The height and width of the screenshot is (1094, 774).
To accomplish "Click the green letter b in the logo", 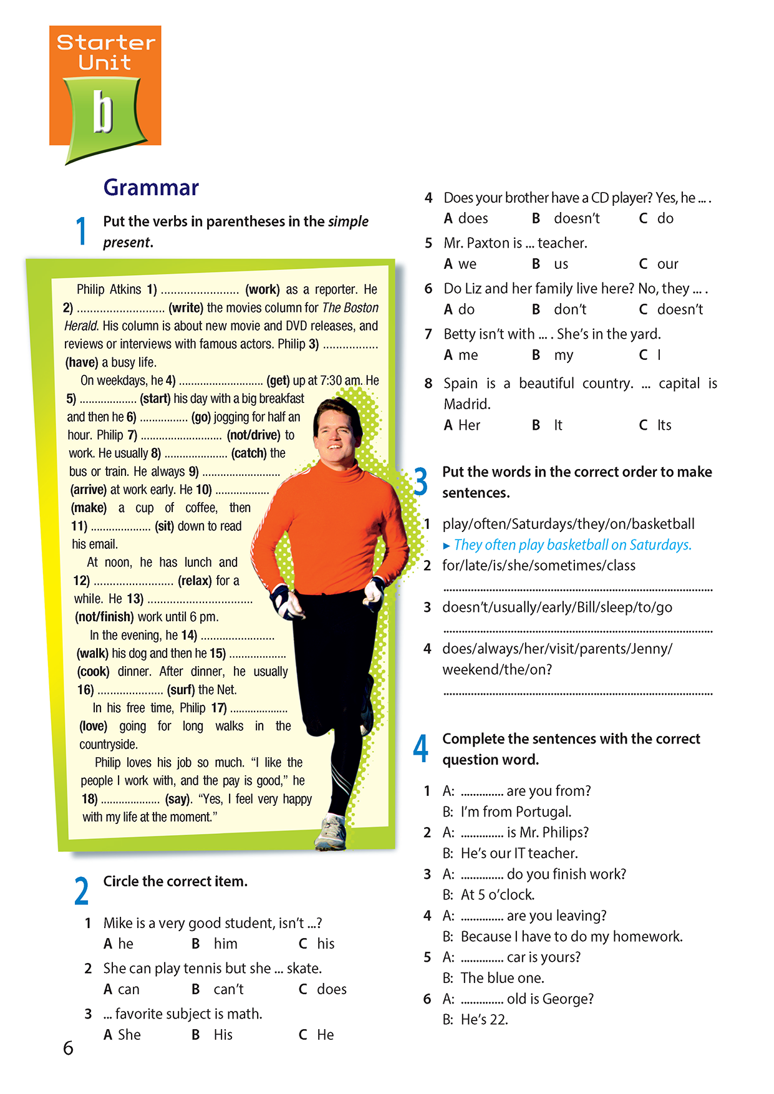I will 104,112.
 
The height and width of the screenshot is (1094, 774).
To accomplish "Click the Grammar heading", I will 151,187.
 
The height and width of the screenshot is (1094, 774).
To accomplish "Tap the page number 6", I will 68,1048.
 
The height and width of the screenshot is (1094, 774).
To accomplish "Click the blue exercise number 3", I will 421,482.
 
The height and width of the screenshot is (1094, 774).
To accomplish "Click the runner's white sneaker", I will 331,833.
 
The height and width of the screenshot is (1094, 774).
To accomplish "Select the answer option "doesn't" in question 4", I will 576,218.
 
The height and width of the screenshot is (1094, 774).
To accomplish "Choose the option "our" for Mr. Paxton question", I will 667,264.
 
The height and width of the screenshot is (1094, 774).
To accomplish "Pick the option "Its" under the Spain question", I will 664,425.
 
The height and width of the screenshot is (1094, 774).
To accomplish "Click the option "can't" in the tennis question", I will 228,989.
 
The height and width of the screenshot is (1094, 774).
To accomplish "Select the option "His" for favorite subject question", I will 223,1035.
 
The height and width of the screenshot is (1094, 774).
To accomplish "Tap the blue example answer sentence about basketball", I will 572,545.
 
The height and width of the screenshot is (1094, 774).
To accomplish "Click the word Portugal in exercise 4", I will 545,811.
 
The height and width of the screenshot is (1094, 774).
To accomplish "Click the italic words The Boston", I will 350,307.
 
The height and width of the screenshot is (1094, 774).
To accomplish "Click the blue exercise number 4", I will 421,748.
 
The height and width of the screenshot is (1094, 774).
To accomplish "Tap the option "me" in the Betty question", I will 468,355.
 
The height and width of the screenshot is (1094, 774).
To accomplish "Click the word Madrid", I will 467,404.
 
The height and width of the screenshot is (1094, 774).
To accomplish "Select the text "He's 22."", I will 484,1020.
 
